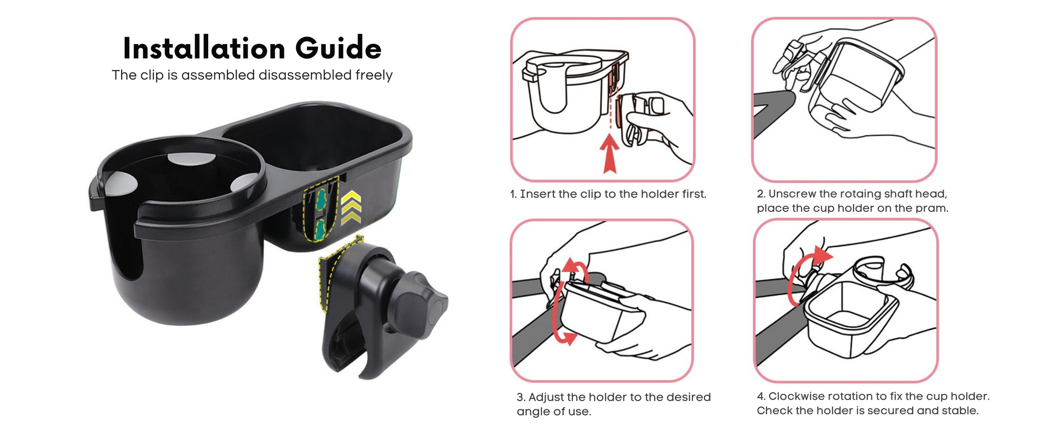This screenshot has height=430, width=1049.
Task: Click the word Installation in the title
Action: (x=204, y=48)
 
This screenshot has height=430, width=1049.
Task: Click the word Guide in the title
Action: (x=338, y=48)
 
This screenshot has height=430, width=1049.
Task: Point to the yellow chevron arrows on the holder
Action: (x=351, y=208)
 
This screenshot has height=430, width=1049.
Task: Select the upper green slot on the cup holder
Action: (x=321, y=199)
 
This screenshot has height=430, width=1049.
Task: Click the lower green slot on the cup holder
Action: (x=319, y=229)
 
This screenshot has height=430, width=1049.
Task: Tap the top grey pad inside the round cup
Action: (x=191, y=159)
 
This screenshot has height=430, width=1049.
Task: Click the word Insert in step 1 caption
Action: (x=537, y=194)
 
